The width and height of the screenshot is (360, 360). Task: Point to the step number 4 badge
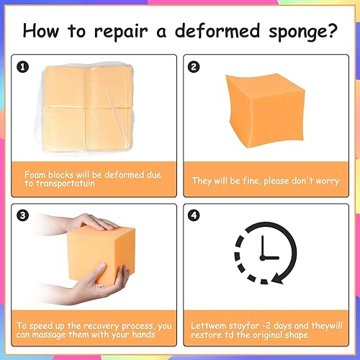pos(194,215)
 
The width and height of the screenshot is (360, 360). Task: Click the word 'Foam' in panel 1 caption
pos(36,174)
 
